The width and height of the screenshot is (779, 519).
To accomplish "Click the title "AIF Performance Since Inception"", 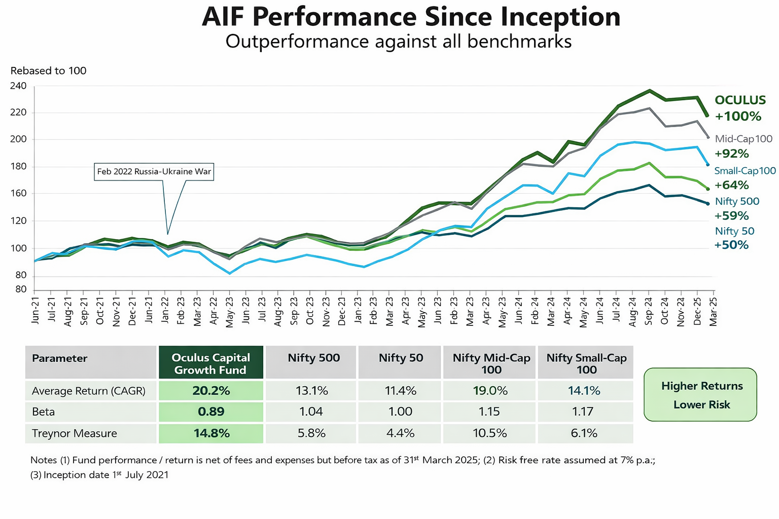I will click(x=411, y=17).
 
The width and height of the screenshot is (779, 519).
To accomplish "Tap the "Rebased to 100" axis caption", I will click(x=48, y=71).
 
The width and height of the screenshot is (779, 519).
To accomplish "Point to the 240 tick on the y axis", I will click(x=18, y=86).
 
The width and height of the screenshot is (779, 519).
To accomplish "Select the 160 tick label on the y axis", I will click(x=18, y=194).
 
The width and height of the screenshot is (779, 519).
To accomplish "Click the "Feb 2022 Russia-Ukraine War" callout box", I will click(x=154, y=172).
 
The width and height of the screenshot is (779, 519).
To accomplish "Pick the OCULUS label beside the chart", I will click(x=740, y=100).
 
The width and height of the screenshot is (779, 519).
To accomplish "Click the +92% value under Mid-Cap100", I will click(x=731, y=154).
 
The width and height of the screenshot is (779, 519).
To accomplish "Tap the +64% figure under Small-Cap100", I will click(x=731, y=185).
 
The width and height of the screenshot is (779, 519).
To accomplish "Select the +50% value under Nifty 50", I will click(x=731, y=245).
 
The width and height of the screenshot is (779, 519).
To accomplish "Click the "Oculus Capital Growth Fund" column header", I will click(x=211, y=363).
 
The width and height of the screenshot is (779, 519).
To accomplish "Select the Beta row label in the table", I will click(x=44, y=412).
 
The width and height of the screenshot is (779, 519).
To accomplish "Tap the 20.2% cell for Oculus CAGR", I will click(x=211, y=391).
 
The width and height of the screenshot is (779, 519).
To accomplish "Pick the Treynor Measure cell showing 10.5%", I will click(x=489, y=433).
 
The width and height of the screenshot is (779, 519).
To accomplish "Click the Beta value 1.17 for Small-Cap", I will click(x=583, y=412).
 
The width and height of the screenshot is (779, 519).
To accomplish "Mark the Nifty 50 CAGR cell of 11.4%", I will click(x=400, y=391).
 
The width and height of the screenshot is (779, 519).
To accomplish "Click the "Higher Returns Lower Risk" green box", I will click(x=700, y=395).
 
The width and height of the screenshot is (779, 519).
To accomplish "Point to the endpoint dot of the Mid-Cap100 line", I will click(x=709, y=137).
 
